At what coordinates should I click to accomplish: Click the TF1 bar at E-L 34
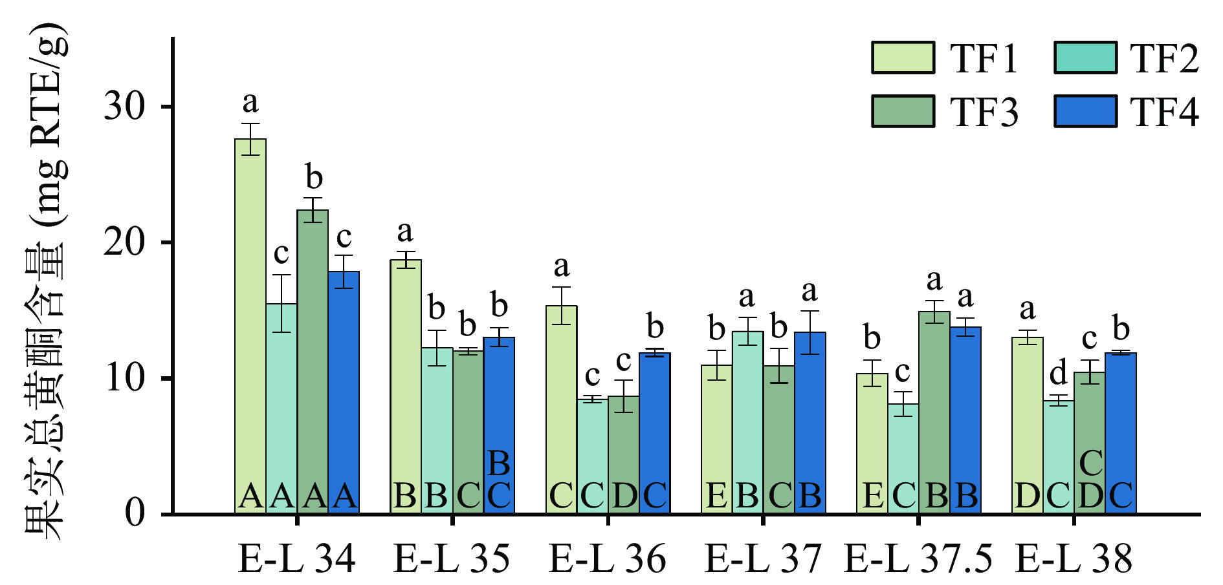[x=250, y=323]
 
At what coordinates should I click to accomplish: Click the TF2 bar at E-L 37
[x=748, y=420]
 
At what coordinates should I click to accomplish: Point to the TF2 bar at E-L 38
[x=1059, y=452]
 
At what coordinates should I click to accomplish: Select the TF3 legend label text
[x=984, y=112]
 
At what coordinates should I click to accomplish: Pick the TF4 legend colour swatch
[x=1085, y=111]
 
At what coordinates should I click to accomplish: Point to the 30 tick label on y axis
[x=124, y=107]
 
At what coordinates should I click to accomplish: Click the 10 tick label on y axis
[x=124, y=378]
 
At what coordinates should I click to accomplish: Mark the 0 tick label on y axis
[x=135, y=514]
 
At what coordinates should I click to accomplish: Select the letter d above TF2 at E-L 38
[x=1058, y=374]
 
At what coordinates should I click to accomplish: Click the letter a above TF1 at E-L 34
[x=250, y=102]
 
